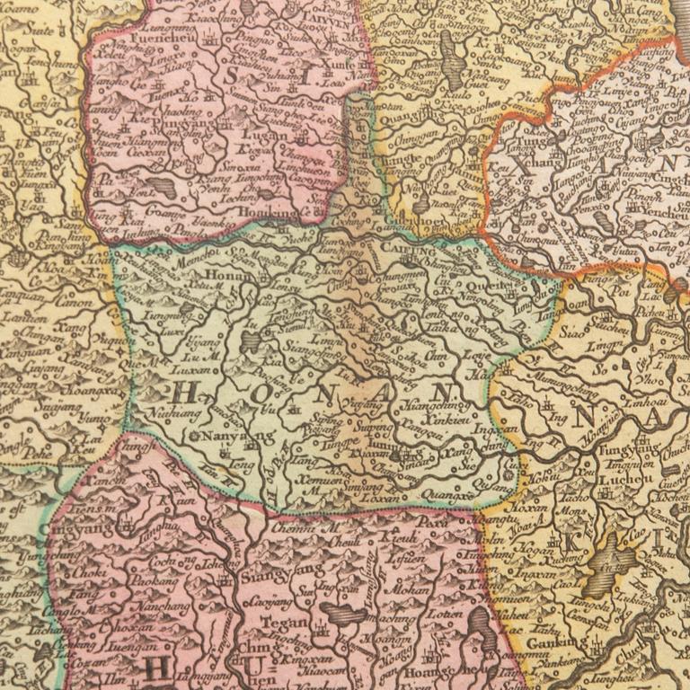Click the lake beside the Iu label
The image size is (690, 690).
[252, 340]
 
